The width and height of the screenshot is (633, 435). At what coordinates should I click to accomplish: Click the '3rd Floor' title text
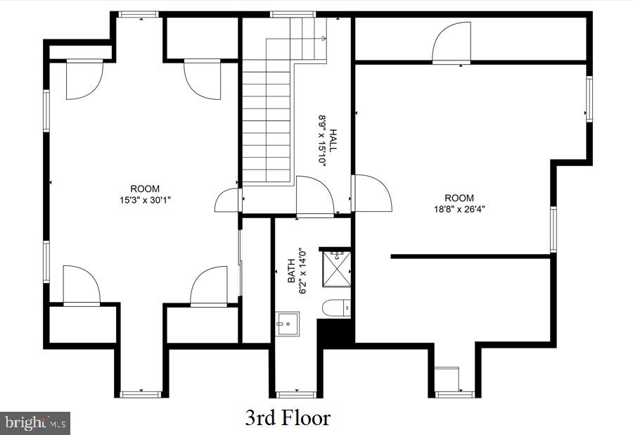tap(288, 418)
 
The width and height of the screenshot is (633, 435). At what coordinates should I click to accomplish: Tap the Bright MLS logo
tap(35, 423)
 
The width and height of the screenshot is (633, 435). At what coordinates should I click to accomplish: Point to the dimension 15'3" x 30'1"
tap(145, 199)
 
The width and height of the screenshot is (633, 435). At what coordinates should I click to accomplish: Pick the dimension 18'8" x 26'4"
tap(459, 208)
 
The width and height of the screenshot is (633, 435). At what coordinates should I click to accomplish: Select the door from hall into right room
tap(371, 192)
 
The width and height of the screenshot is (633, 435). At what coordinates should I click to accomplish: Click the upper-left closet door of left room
tap(84, 79)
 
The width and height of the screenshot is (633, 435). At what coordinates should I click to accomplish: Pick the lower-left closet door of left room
tap(81, 286)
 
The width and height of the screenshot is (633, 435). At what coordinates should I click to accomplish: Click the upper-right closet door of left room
tap(203, 79)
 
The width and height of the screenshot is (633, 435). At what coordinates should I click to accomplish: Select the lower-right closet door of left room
tap(209, 287)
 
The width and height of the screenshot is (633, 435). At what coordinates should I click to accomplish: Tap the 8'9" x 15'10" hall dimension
tap(323, 139)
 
